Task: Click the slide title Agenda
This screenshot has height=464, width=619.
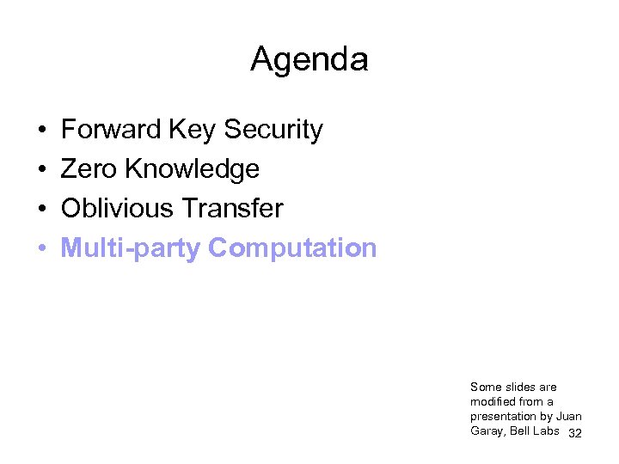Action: click(x=309, y=59)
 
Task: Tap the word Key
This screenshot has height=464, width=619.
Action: click(x=193, y=130)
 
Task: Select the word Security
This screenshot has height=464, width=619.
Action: click(x=273, y=130)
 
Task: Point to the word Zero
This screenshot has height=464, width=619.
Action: click(x=89, y=169)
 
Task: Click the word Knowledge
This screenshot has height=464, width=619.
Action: click(x=192, y=169)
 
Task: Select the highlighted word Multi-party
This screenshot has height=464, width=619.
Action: click(x=131, y=248)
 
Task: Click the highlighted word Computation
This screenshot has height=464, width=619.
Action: click(x=292, y=248)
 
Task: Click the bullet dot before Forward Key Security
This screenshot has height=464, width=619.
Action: click(x=41, y=131)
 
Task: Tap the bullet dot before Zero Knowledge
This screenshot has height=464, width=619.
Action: click(x=41, y=170)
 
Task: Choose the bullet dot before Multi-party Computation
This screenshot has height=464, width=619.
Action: click(x=41, y=249)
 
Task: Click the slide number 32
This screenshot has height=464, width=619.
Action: click(x=575, y=433)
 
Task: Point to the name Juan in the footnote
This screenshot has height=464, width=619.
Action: click(x=568, y=417)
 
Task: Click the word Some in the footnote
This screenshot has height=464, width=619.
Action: click(x=485, y=387)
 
